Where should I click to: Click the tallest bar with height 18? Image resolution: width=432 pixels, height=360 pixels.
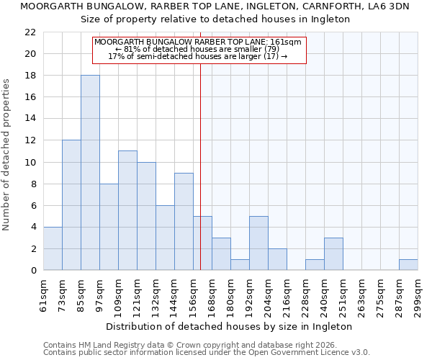pos(90,173)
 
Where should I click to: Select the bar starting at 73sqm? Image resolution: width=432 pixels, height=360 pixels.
pos(71,205)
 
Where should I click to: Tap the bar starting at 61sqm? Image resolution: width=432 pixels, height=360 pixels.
pos(53,248)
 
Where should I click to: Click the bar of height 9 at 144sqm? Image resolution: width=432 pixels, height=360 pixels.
pos(184,221)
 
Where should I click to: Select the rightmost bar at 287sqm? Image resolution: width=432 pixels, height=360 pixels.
pos(408,265)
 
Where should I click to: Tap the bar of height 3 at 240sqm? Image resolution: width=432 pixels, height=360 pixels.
pos(333,254)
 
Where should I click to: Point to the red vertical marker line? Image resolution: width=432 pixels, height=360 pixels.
pos(200,166)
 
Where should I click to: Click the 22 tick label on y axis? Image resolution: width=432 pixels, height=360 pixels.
pos(30,32)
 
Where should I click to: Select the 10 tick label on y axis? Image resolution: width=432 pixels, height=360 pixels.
pos(30,163)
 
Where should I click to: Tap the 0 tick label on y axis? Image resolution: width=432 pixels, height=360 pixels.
pos(33,271)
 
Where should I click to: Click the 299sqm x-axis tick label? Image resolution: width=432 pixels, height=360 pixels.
pos(418,295)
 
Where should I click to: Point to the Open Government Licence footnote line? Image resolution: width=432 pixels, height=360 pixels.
pos(207,353)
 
